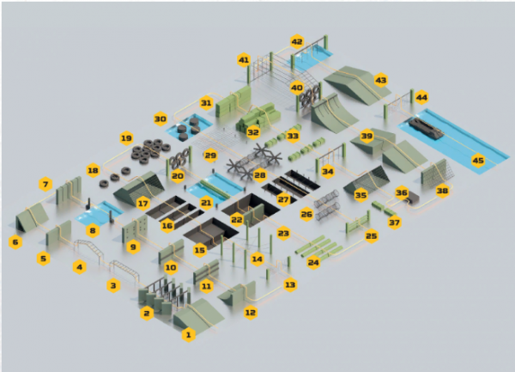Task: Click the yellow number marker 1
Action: (x=189, y=334)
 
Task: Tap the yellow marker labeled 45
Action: (x=478, y=161)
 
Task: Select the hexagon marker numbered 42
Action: (x=297, y=42)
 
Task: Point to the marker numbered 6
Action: (x=15, y=242)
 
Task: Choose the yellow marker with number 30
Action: (x=161, y=119)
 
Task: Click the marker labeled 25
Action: (x=371, y=235)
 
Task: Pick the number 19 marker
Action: (x=126, y=138)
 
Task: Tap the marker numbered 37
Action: (x=394, y=223)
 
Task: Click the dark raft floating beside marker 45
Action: (x=427, y=129)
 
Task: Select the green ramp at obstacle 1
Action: (x=198, y=314)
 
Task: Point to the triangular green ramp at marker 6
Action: (x=32, y=216)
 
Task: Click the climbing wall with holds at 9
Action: (x=135, y=228)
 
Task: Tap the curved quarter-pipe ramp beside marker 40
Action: (x=332, y=113)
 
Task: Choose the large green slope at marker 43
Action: (x=357, y=85)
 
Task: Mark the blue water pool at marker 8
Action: (x=100, y=214)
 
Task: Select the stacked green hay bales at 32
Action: (x=258, y=118)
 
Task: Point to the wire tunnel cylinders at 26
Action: (x=326, y=204)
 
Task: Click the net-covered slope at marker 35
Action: (x=367, y=180)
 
